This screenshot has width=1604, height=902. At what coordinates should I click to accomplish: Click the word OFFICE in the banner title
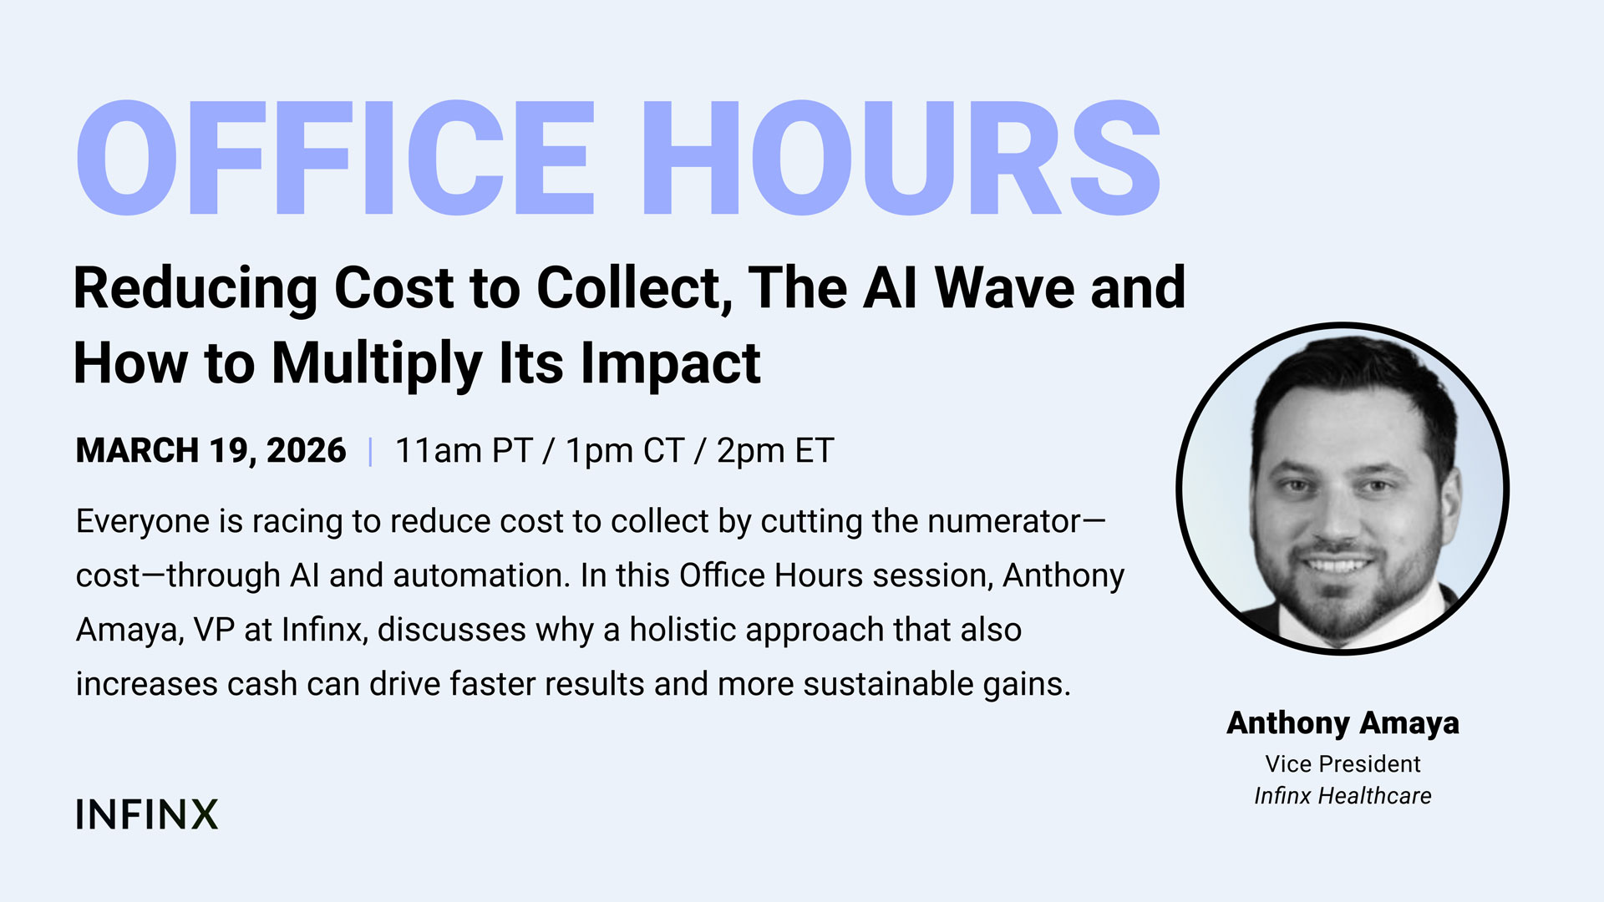[x=335, y=158]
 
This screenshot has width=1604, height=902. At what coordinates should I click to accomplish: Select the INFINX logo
[x=147, y=814]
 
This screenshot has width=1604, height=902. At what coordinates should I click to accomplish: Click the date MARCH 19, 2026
[x=211, y=451]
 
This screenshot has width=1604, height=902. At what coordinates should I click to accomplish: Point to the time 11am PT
[x=464, y=451]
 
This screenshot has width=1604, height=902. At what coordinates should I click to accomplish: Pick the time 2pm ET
[x=775, y=451]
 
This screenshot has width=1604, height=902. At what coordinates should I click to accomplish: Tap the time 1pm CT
[x=625, y=451]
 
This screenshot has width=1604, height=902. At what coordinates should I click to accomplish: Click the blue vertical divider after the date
[x=370, y=451]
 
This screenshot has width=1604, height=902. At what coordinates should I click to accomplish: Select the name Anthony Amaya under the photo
[x=1343, y=723]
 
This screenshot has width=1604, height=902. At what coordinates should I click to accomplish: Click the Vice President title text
[x=1343, y=763]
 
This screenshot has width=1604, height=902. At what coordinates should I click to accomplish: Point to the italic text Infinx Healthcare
[x=1343, y=796]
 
